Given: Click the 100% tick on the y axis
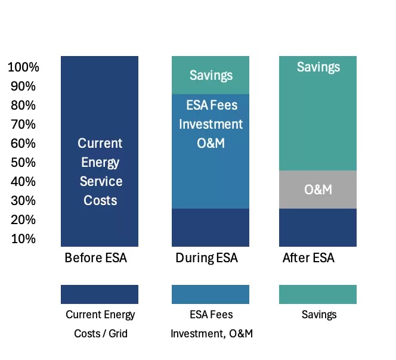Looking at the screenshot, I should pos(23,67).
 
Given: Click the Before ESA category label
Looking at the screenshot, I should pos(95,258).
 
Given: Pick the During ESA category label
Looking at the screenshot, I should pos(206,258).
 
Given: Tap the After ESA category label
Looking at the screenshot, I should pos(308,258).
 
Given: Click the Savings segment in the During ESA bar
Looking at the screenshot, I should pos(211,75).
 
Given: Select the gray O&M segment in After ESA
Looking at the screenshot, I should pos(318,190).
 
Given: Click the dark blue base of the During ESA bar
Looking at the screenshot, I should pos(211,227).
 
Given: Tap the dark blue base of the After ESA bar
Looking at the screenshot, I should pos(318,227).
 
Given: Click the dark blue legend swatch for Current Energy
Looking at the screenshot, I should pos(100,294).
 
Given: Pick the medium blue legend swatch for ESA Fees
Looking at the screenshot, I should pos(211,294).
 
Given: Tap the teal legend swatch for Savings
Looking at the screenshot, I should pos(318,294).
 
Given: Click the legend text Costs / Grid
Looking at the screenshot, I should pos(101,333).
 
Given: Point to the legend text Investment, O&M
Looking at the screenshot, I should pos(212,333).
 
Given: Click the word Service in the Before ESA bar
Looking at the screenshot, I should pos(101,181).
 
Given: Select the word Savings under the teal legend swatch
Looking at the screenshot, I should pos(319,314).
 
